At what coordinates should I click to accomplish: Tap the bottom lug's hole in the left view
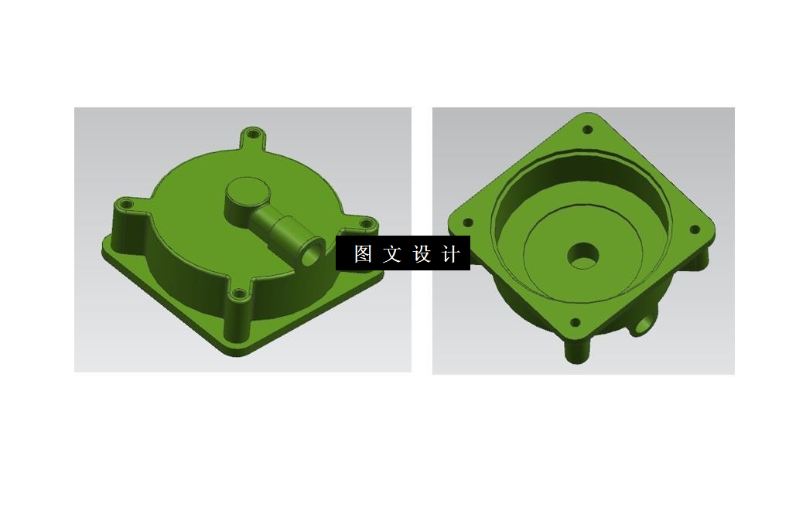click(239, 294)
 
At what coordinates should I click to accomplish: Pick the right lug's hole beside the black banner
click(367, 225)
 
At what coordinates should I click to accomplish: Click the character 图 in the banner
click(363, 253)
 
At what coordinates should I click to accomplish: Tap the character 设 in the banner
click(422, 253)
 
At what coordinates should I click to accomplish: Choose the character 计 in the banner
click(451, 253)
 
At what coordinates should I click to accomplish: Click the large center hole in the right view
click(583, 255)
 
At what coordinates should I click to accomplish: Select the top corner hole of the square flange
click(587, 130)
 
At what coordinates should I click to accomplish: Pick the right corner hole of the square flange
click(694, 229)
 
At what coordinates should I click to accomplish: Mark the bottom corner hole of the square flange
click(575, 323)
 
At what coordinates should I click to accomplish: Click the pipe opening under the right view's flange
click(641, 328)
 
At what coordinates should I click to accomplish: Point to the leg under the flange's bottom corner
click(576, 352)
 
